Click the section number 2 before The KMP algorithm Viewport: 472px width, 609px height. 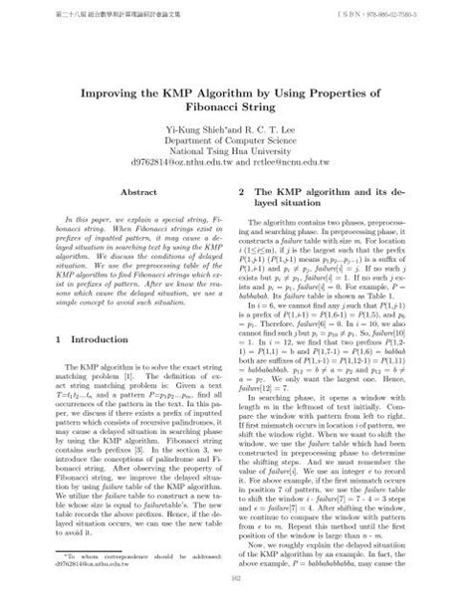(244, 191)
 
